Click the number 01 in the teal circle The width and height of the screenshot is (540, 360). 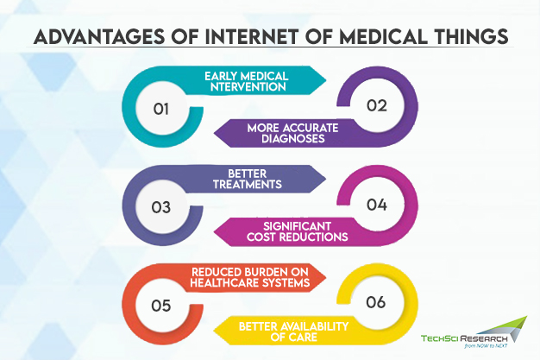coord(160,109)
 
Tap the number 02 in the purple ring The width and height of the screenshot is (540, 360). coord(377,105)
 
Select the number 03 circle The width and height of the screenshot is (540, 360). coord(160,207)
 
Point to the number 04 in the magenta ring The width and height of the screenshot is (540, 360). coord(377,205)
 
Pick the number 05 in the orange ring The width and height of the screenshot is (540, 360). coord(160,306)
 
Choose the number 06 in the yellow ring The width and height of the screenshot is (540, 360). coord(376,302)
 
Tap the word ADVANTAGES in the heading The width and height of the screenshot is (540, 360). coord(99,36)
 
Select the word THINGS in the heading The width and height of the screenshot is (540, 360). coord(471,36)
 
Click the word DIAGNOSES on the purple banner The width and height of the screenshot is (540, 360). coord(293,139)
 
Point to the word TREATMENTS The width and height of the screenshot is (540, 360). coord(248,185)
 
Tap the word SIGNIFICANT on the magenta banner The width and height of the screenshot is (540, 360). coord(298,226)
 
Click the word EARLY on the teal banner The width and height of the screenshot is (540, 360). coord(221,76)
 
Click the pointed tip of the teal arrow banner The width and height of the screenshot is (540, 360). coord(326,80)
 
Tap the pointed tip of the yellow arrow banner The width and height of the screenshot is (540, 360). coord(214,331)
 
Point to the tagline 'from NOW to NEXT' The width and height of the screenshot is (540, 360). coord(486,345)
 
